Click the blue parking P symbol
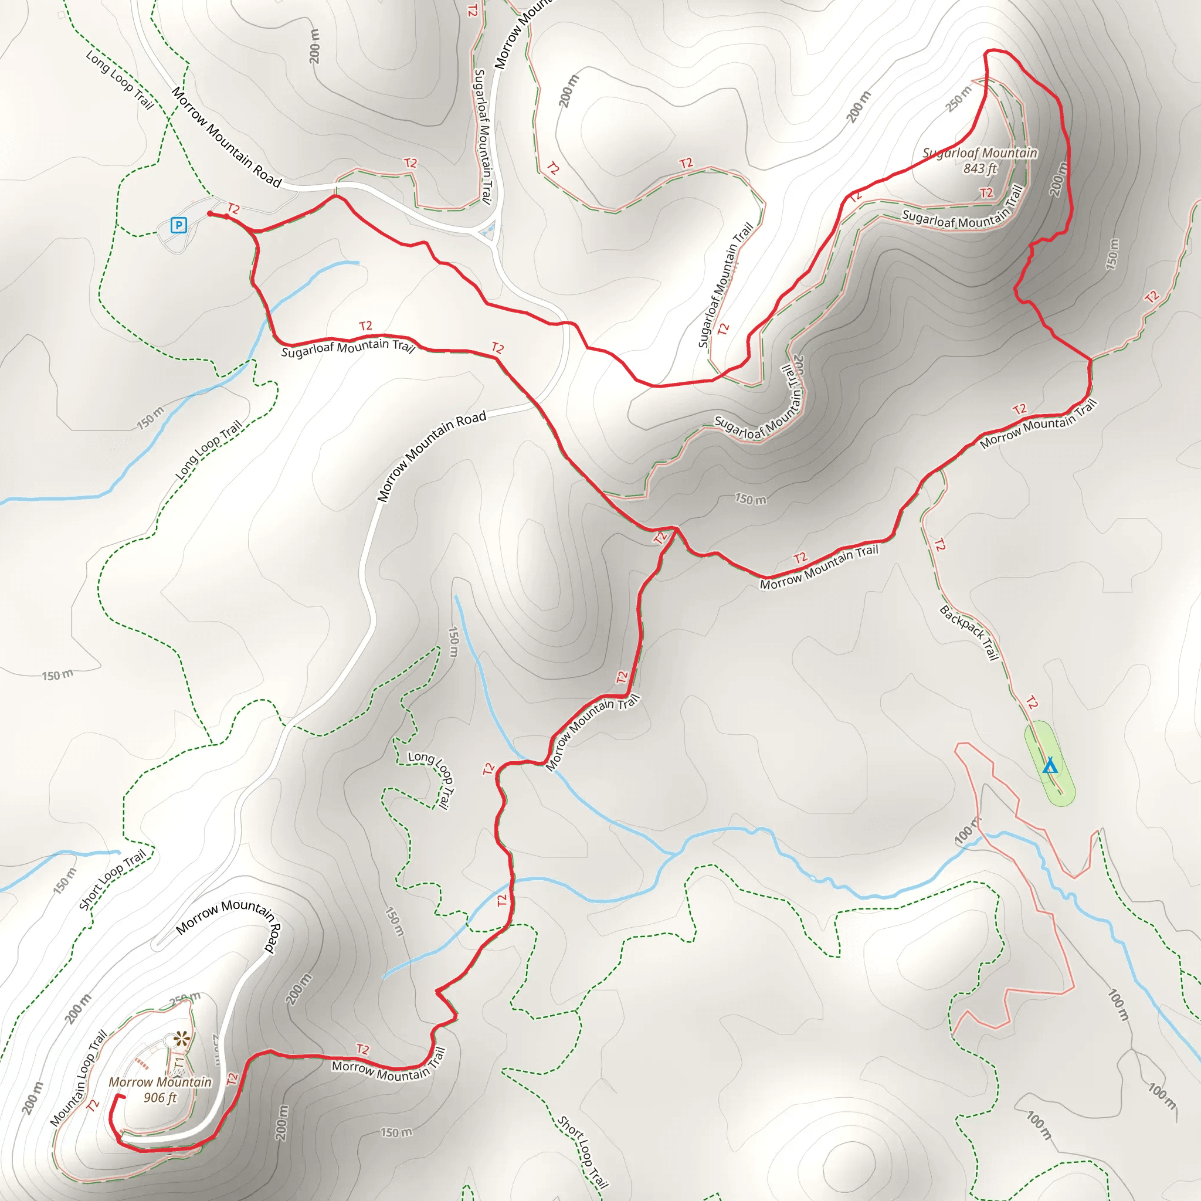point(178,225)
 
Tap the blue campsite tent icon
point(1050,765)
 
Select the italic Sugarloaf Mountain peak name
point(980,153)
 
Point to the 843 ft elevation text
point(981,168)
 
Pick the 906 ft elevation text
point(160,1098)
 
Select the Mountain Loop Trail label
point(79,1078)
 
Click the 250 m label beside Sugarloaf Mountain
point(959,98)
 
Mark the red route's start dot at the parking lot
point(210,214)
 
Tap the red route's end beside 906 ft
point(124,1096)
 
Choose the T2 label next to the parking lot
point(233,209)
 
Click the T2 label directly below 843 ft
point(986,194)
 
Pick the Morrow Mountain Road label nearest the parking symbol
point(226,137)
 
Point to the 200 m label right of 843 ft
point(1058,179)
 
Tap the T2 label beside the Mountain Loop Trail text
point(93,1105)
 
